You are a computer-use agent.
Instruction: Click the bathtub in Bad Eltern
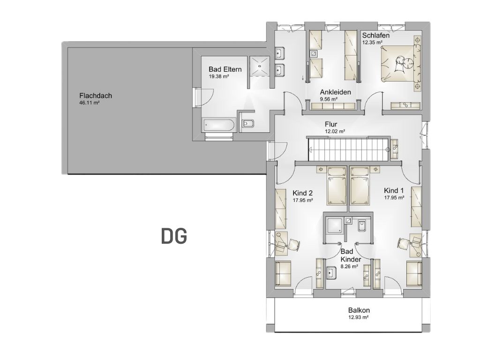click(x=218, y=125)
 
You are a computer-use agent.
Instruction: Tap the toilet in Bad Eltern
click(x=247, y=123)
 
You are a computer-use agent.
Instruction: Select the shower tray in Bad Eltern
click(x=260, y=65)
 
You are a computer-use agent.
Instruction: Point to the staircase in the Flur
click(x=348, y=149)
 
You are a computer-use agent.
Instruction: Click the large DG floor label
click(x=174, y=236)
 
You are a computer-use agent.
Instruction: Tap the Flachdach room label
click(x=96, y=96)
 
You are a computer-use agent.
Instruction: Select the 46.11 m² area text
click(x=90, y=103)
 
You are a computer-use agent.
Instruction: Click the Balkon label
click(x=359, y=310)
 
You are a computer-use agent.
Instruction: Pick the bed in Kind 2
click(x=337, y=186)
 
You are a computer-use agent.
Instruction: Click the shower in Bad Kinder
click(x=335, y=225)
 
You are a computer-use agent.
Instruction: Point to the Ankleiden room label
click(x=336, y=92)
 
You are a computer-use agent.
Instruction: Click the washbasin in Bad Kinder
click(x=331, y=272)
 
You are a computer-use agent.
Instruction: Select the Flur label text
click(x=331, y=124)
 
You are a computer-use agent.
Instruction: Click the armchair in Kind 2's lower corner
click(x=283, y=273)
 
